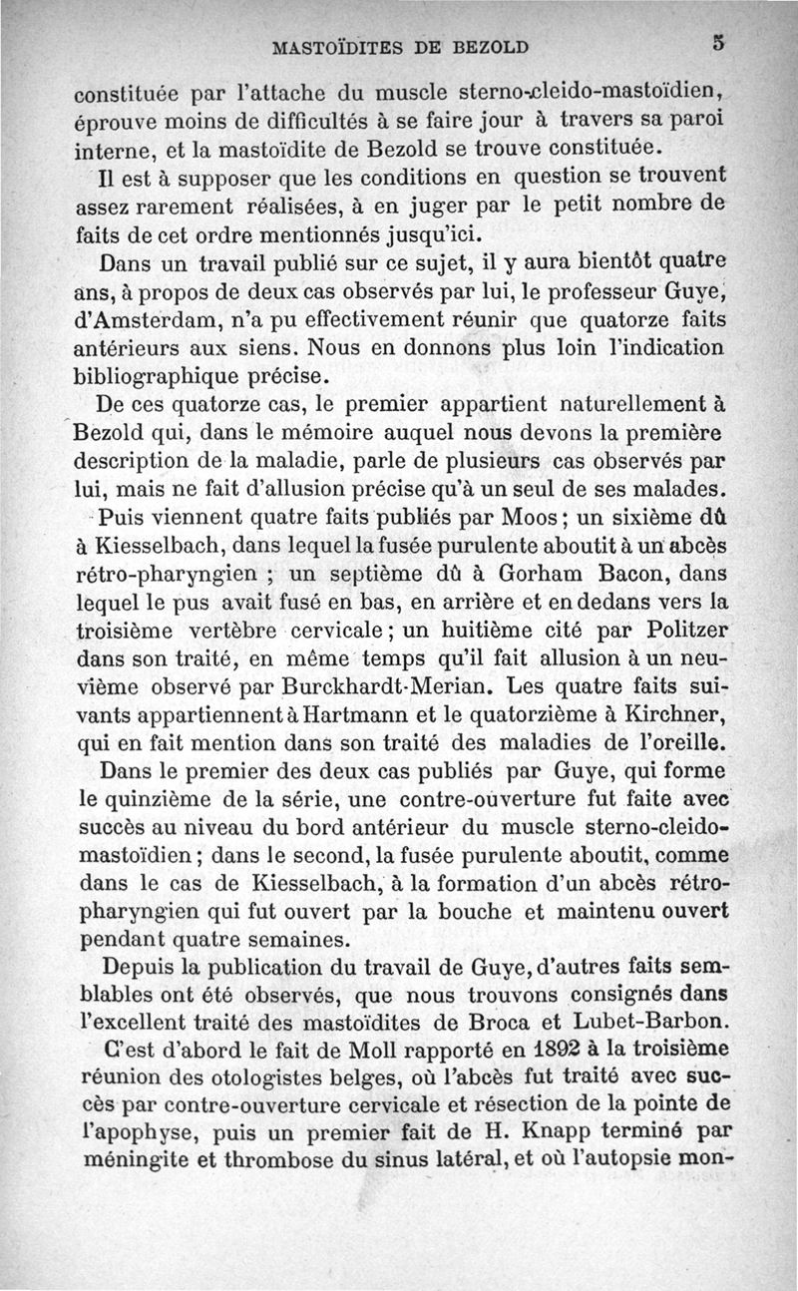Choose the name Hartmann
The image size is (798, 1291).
(352, 715)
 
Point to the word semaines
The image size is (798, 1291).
(296, 939)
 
